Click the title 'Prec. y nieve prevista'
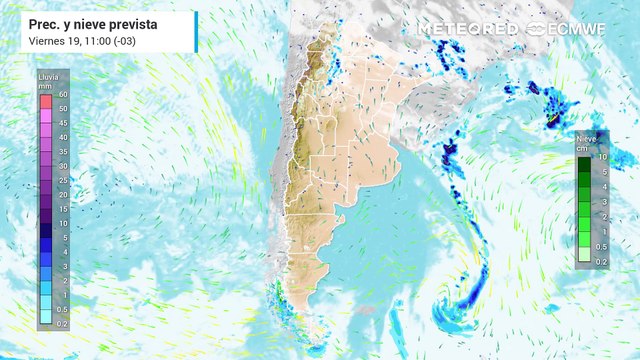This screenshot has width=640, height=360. coord(85,21)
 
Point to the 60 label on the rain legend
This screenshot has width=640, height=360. coord(62,94)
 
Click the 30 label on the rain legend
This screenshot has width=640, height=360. coord(62,166)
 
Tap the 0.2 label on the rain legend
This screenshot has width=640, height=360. coord(62,324)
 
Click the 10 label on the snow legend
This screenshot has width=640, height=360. coord(603,157)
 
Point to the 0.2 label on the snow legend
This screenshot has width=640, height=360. coord(603,261)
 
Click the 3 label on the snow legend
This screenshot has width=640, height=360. coord(603,202)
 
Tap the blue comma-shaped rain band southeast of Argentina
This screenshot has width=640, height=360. coord(462,300)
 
